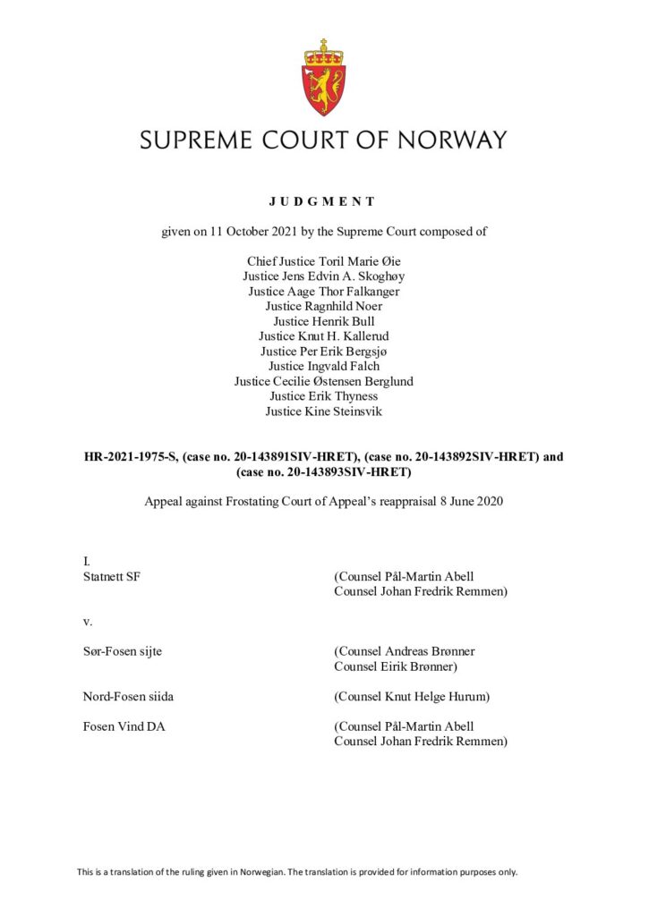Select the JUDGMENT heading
tap(323, 201)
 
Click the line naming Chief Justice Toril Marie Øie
tap(323, 262)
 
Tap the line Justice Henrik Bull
tap(323, 320)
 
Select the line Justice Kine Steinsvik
tap(323, 411)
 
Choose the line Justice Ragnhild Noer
tap(323, 306)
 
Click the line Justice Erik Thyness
tap(323, 395)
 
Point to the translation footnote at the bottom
tap(296, 871)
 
